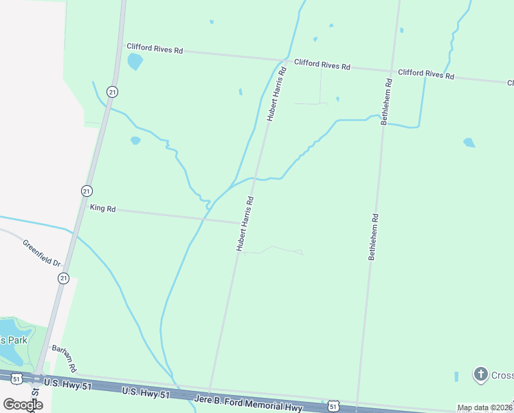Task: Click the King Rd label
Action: pyautogui.click(x=102, y=207)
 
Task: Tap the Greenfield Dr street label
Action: pyautogui.click(x=42, y=253)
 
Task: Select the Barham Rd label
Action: pyautogui.click(x=63, y=359)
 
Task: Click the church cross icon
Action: pyautogui.click(x=481, y=374)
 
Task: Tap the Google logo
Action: pyautogui.click(x=23, y=404)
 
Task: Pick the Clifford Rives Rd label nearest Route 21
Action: pyautogui.click(x=154, y=50)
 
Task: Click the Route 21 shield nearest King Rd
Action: pyautogui.click(x=86, y=191)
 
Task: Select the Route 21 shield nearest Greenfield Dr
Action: pyautogui.click(x=63, y=278)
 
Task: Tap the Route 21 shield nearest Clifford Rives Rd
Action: pyautogui.click(x=112, y=92)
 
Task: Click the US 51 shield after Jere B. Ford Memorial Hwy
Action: pyautogui.click(x=333, y=406)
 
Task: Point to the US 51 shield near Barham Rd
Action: pyautogui.click(x=17, y=378)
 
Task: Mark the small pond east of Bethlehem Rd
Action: pyautogui.click(x=469, y=142)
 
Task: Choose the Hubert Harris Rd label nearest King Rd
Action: pyautogui.click(x=245, y=224)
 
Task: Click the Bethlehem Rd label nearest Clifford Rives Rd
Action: pyautogui.click(x=387, y=101)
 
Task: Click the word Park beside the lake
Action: pyautogui.click(x=14, y=340)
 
